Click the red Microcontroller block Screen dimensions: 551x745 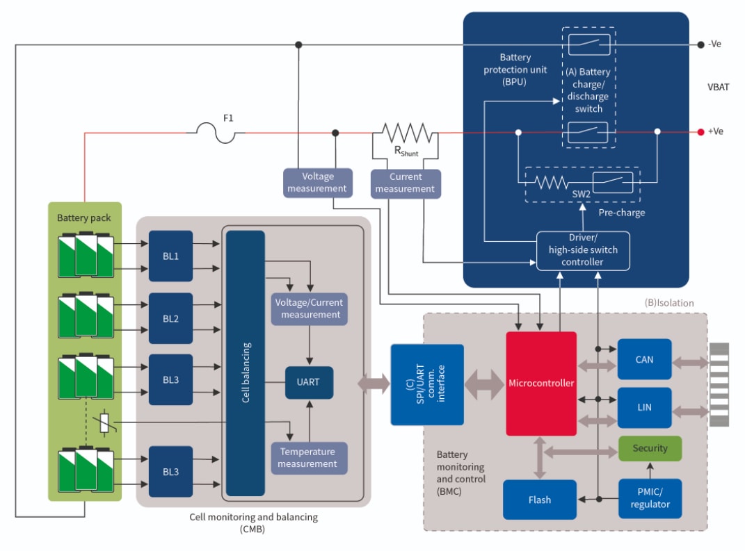pos(541,383)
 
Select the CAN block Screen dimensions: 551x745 pos(644,359)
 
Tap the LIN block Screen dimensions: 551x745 pos(644,406)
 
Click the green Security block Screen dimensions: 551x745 pos(650,448)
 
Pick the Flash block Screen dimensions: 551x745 pos(539,499)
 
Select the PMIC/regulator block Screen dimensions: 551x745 pos(650,498)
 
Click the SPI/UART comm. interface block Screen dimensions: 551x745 pos(426,384)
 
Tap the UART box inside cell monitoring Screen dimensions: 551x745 pos(308,381)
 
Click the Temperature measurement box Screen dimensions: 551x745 pos(307,457)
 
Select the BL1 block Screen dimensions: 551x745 pos(170,256)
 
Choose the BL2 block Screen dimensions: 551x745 pos(170,318)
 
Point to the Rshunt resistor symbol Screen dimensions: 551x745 pos(406,132)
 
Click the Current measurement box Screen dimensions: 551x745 pos(406,183)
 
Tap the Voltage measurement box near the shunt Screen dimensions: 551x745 pos(317,182)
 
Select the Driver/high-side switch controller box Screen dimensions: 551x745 pos(583,250)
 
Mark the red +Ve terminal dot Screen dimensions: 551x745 pos(700,131)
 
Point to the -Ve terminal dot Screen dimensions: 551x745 pos(700,44)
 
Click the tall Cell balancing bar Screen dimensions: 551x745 pos(245,363)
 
